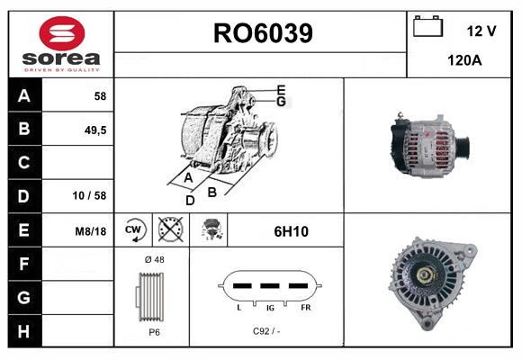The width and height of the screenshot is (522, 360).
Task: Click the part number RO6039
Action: click(263, 33)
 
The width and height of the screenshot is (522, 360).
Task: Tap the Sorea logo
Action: click(62, 45)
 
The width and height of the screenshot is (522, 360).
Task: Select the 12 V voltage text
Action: click(481, 31)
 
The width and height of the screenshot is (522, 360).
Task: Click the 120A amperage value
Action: click(464, 60)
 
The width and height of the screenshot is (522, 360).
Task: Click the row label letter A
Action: click(24, 95)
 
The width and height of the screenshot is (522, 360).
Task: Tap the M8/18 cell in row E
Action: click(91, 231)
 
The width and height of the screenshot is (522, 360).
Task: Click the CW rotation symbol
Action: click(134, 230)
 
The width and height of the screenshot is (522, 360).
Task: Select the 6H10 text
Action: click(291, 231)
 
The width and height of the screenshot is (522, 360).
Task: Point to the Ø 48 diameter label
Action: click(153, 259)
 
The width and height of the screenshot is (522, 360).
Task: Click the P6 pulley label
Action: click(154, 331)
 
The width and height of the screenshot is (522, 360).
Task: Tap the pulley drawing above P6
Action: click(153, 294)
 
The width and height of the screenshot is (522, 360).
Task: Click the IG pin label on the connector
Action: click(270, 307)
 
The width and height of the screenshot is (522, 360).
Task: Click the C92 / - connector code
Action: click(266, 331)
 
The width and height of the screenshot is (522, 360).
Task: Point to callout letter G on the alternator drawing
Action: click(281, 102)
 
